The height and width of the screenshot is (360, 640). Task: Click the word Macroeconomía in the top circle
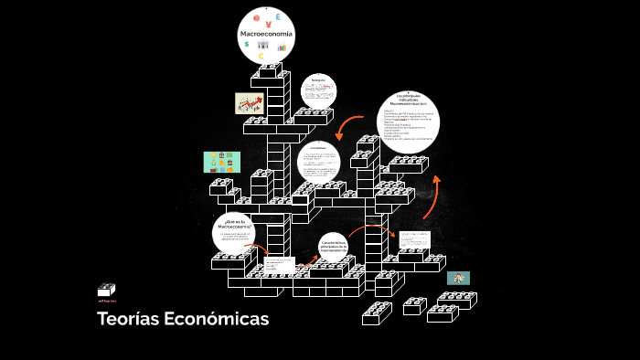266,34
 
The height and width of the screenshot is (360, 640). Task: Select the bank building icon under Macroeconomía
263,46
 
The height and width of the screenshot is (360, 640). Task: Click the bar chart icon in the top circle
283,47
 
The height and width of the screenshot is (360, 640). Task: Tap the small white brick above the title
107,290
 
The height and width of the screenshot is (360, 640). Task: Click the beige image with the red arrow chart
249,103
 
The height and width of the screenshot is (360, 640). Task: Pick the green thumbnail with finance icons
221,163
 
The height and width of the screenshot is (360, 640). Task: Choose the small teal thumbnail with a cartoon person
458,278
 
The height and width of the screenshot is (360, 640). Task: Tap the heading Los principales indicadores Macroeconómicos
407,100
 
